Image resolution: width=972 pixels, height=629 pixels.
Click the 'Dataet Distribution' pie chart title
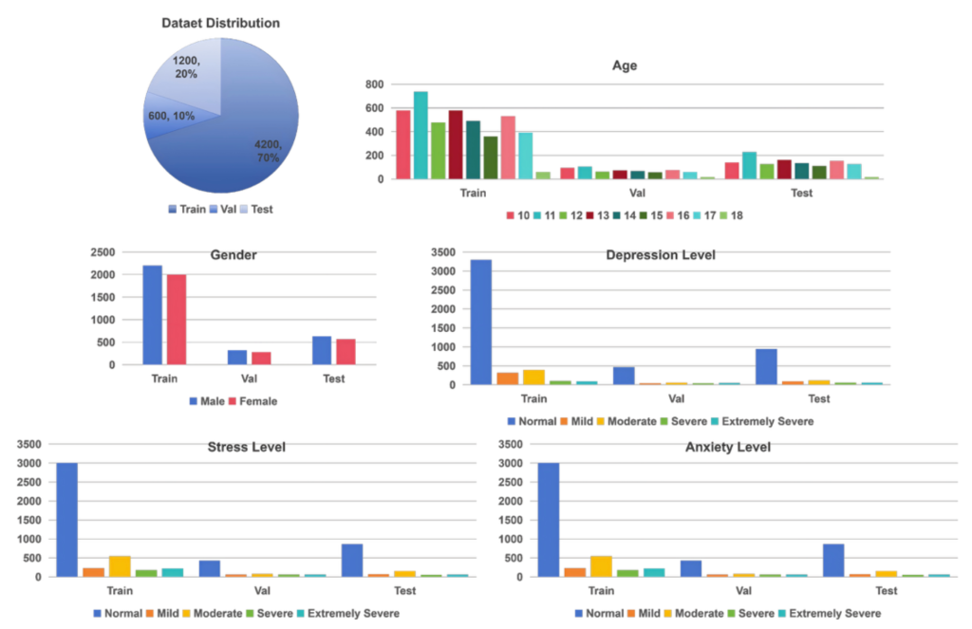coord(220,23)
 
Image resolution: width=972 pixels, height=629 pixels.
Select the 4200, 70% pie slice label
coord(267,151)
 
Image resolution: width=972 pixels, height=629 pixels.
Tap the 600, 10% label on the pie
coord(171,116)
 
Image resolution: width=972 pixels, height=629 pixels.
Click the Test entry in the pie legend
coord(256,209)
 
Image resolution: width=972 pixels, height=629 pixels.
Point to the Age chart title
coord(625,65)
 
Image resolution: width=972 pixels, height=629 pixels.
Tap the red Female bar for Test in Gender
coord(345,352)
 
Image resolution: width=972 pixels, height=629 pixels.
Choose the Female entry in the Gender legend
coord(252,401)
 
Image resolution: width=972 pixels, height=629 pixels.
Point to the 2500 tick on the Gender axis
coord(103,252)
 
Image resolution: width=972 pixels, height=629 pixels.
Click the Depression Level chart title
coord(661,255)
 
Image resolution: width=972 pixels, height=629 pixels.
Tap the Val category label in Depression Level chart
coord(664,398)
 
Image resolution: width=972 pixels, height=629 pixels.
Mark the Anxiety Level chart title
coord(727,447)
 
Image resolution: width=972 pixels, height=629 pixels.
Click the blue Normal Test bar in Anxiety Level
coord(832,560)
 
